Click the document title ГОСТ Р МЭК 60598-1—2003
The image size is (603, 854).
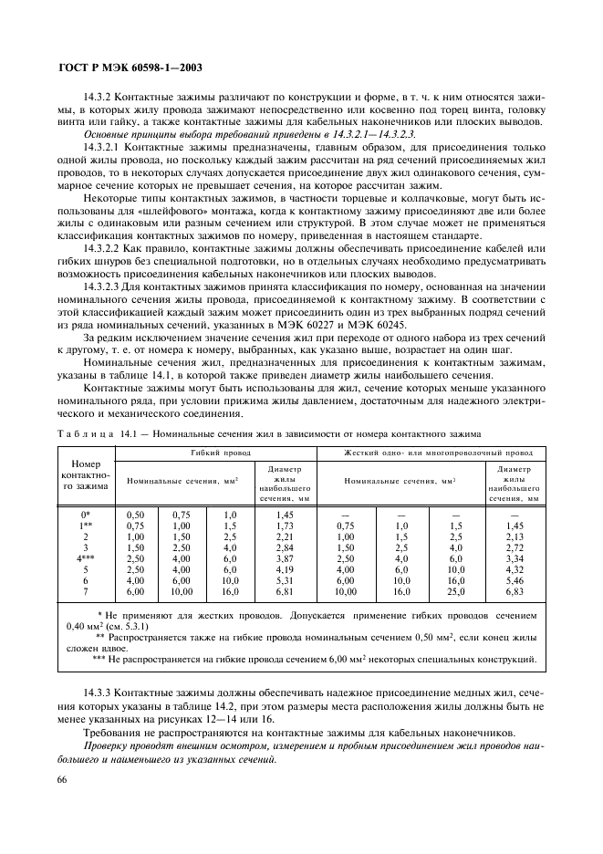(131, 68)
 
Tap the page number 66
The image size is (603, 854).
(64, 778)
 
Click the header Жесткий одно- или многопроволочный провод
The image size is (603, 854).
(438, 453)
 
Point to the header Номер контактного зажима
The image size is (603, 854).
(85, 474)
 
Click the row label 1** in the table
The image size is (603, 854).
(86, 526)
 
